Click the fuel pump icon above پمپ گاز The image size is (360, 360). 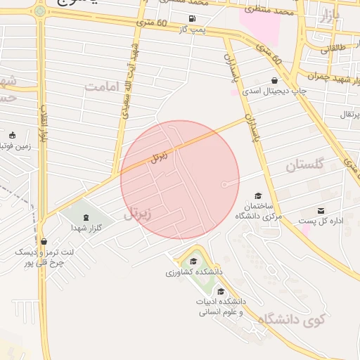click(192, 18)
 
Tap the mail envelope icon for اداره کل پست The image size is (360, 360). click(321, 211)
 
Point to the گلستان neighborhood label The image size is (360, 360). click(304, 165)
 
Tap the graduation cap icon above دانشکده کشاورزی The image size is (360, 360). click(195, 262)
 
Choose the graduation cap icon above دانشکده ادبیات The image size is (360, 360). click(221, 292)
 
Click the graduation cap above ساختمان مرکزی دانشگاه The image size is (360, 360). click(258, 195)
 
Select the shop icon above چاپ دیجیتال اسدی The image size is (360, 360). click(274, 80)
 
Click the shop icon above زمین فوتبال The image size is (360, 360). click(12, 135)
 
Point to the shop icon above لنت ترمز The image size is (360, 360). click(44, 241)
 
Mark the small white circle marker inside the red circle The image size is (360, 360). click(224, 184)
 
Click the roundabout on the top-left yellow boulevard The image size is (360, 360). click(40, 11)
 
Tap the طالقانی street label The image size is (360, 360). click(335, 49)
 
